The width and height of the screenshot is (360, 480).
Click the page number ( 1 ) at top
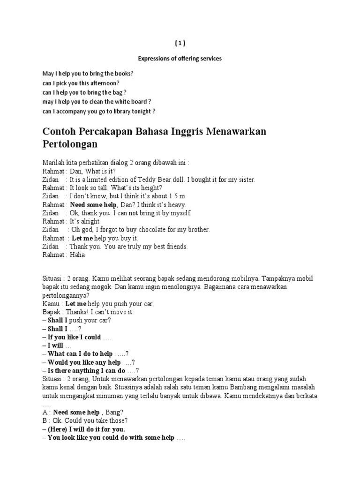tap(180, 44)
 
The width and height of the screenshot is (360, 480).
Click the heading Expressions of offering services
tap(180, 59)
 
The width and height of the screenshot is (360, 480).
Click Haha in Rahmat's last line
tap(77, 255)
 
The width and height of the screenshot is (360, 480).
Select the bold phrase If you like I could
tap(74, 337)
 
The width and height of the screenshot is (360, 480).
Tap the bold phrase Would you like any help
tap(84, 362)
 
